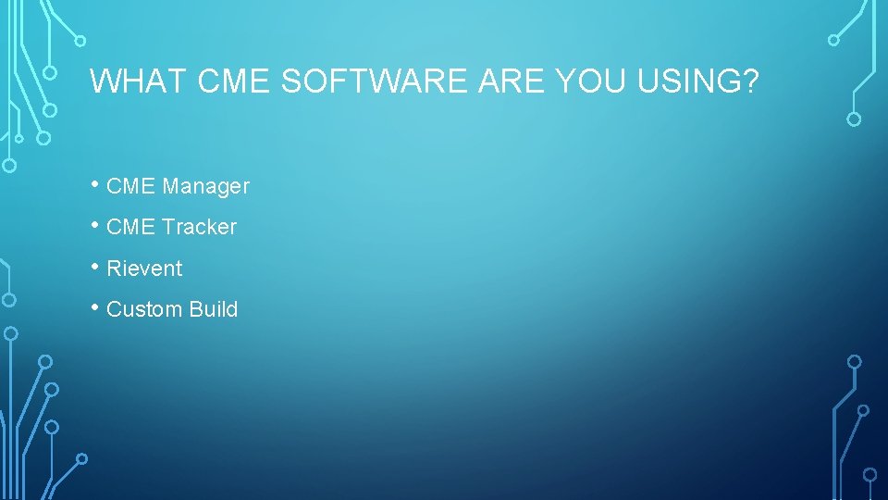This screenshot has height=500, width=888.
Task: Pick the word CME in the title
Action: tap(233, 82)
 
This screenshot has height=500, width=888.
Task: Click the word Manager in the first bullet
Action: tap(205, 186)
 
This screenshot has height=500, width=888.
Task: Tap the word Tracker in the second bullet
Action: tap(199, 227)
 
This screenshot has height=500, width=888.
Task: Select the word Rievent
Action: tap(144, 269)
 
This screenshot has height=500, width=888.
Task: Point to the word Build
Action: tap(214, 309)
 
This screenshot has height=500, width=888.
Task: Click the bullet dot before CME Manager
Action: tap(96, 183)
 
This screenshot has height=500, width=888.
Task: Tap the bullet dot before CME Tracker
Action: tap(96, 224)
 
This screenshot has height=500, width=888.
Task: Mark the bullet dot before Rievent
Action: tap(96, 266)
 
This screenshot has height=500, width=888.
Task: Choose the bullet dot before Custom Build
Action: tap(96, 306)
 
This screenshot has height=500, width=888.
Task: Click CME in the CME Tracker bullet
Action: tap(131, 227)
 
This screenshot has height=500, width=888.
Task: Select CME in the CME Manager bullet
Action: tap(131, 186)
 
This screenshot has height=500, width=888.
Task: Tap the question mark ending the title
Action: tap(750, 82)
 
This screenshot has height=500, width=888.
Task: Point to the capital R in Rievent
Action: tap(114, 269)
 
